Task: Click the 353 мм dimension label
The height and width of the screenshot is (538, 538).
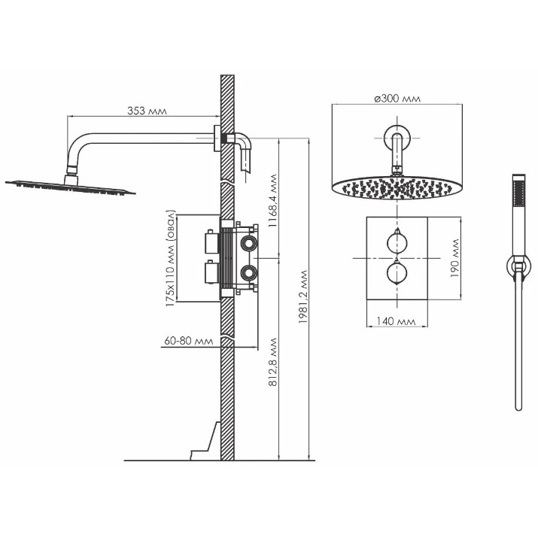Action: (147, 111)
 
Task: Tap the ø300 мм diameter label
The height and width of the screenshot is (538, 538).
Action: (397, 99)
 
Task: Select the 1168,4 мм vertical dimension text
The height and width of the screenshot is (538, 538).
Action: (273, 201)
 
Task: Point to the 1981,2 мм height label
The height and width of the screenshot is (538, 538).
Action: (302, 297)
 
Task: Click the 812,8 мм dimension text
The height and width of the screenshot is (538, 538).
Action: (273, 363)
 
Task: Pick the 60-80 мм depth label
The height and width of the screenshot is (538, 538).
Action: (189, 341)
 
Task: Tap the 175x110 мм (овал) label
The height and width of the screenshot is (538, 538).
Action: (171, 258)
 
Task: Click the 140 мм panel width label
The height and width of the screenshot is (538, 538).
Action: (397, 321)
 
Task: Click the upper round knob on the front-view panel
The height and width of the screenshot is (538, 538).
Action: (397, 242)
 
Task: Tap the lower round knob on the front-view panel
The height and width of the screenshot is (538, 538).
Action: (397, 273)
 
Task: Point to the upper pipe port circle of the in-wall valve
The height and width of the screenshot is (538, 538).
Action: (248, 243)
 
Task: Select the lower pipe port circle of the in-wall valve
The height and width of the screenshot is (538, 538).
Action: (248, 272)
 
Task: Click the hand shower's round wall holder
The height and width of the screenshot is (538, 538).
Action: (518, 266)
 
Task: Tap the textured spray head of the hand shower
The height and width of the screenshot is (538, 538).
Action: (518, 194)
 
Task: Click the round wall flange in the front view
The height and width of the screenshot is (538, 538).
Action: (397, 138)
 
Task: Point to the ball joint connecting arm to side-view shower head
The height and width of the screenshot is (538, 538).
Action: (72, 169)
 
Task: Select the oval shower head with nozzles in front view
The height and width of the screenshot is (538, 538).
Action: (397, 187)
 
